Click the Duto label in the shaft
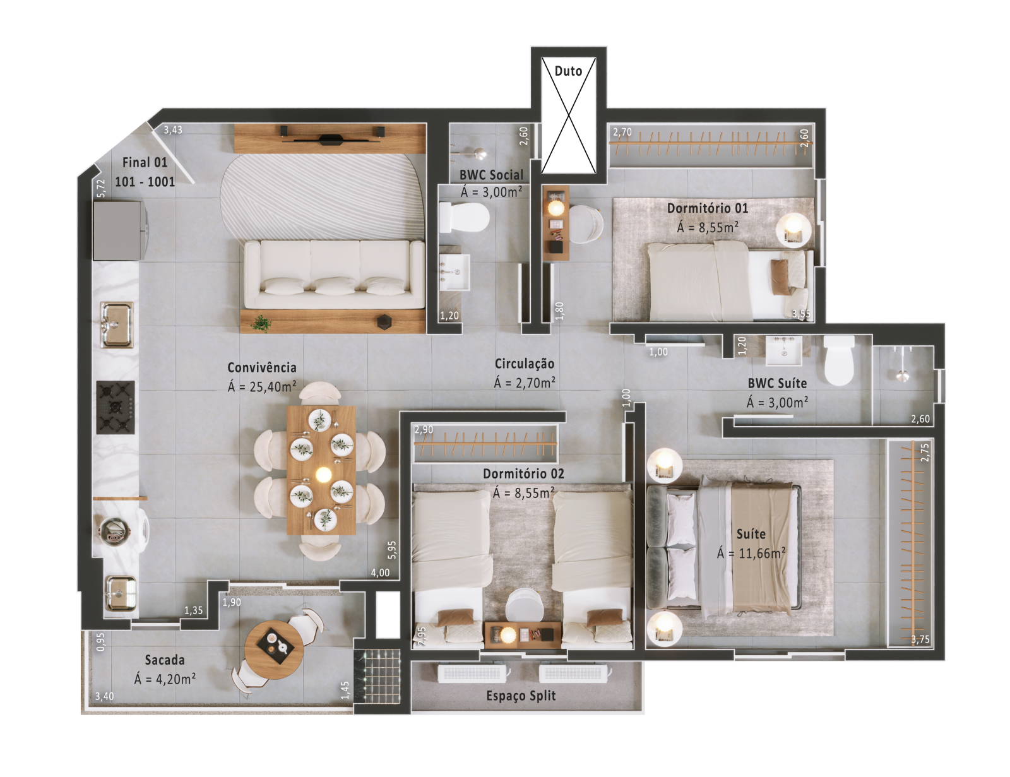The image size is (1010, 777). point(568,71)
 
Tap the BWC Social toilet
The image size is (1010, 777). point(465,217)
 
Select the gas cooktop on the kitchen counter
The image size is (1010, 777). point(116,407)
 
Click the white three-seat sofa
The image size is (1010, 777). point(335,274)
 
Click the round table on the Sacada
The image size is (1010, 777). point(274,649)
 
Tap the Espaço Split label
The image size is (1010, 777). point(521,696)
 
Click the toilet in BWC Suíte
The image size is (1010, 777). point(839,360)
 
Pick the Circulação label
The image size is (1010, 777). point(525,364)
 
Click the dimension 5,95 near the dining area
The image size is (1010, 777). point(392,550)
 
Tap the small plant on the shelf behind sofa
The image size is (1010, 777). point(262,323)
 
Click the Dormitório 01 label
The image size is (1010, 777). point(708,208)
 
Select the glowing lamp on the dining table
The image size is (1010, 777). point(323,475)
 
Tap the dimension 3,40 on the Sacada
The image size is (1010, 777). point(105,696)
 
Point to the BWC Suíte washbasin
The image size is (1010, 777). point(783,350)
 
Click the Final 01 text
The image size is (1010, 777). point(145,162)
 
